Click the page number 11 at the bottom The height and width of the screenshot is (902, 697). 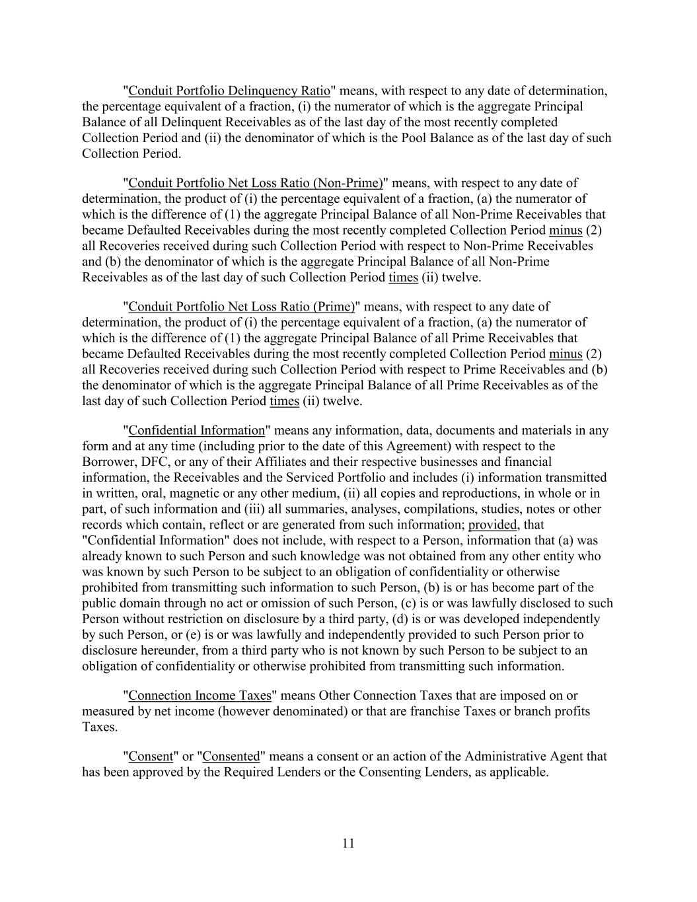click(349, 843)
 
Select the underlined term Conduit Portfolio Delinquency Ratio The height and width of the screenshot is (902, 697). click(229, 91)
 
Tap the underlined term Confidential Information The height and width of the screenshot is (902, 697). click(196, 430)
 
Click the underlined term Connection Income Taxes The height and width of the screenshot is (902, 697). click(200, 695)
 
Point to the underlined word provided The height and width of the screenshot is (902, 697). click(493, 525)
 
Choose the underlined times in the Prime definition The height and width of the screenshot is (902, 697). click(284, 401)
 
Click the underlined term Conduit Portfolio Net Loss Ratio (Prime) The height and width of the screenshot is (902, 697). click(241, 307)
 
